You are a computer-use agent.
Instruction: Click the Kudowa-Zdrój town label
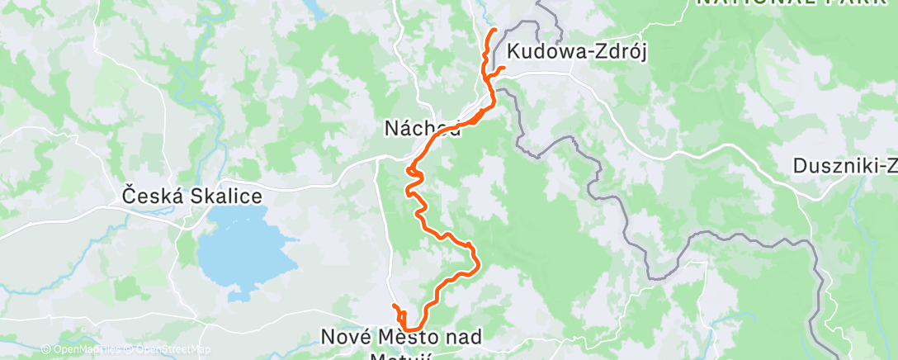(577, 50)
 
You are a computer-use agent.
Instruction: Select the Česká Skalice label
(191, 197)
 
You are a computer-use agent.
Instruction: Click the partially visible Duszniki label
(844, 165)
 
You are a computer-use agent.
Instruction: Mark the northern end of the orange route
(494, 31)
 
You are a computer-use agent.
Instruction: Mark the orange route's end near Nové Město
(395, 306)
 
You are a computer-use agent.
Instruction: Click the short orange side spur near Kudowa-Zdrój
(499, 68)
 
